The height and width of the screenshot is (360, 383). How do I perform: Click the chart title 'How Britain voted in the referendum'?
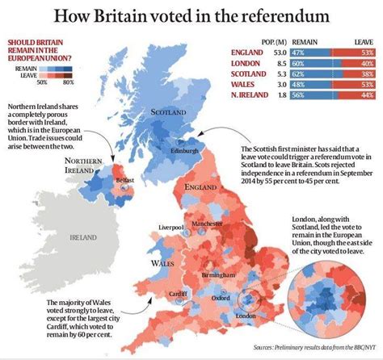[191, 16]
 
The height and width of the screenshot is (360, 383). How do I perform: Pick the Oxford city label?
[212, 297]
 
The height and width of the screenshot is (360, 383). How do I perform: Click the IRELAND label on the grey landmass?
[82, 238]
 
